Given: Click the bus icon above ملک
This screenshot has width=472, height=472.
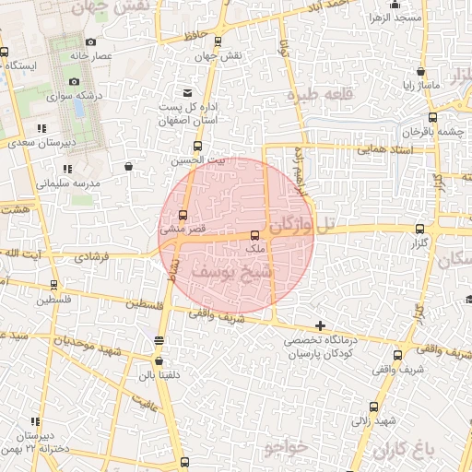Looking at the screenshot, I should click(255, 236).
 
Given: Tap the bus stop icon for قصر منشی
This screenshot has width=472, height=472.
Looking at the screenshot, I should click(182, 216).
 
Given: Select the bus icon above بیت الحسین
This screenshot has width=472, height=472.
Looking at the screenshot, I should click(197, 147).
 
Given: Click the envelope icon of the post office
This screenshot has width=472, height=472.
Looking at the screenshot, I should click(188, 93).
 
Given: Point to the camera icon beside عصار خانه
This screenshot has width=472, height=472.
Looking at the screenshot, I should click(89, 42).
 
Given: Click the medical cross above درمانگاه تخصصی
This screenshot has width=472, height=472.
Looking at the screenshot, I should click(320, 325).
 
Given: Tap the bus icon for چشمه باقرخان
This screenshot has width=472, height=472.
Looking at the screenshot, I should click(431, 117).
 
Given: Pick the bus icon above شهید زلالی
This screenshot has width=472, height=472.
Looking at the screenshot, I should click(373, 407).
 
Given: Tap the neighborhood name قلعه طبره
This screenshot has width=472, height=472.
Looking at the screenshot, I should click(315, 94).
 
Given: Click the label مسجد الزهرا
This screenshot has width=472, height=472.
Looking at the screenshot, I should click(395, 18).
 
